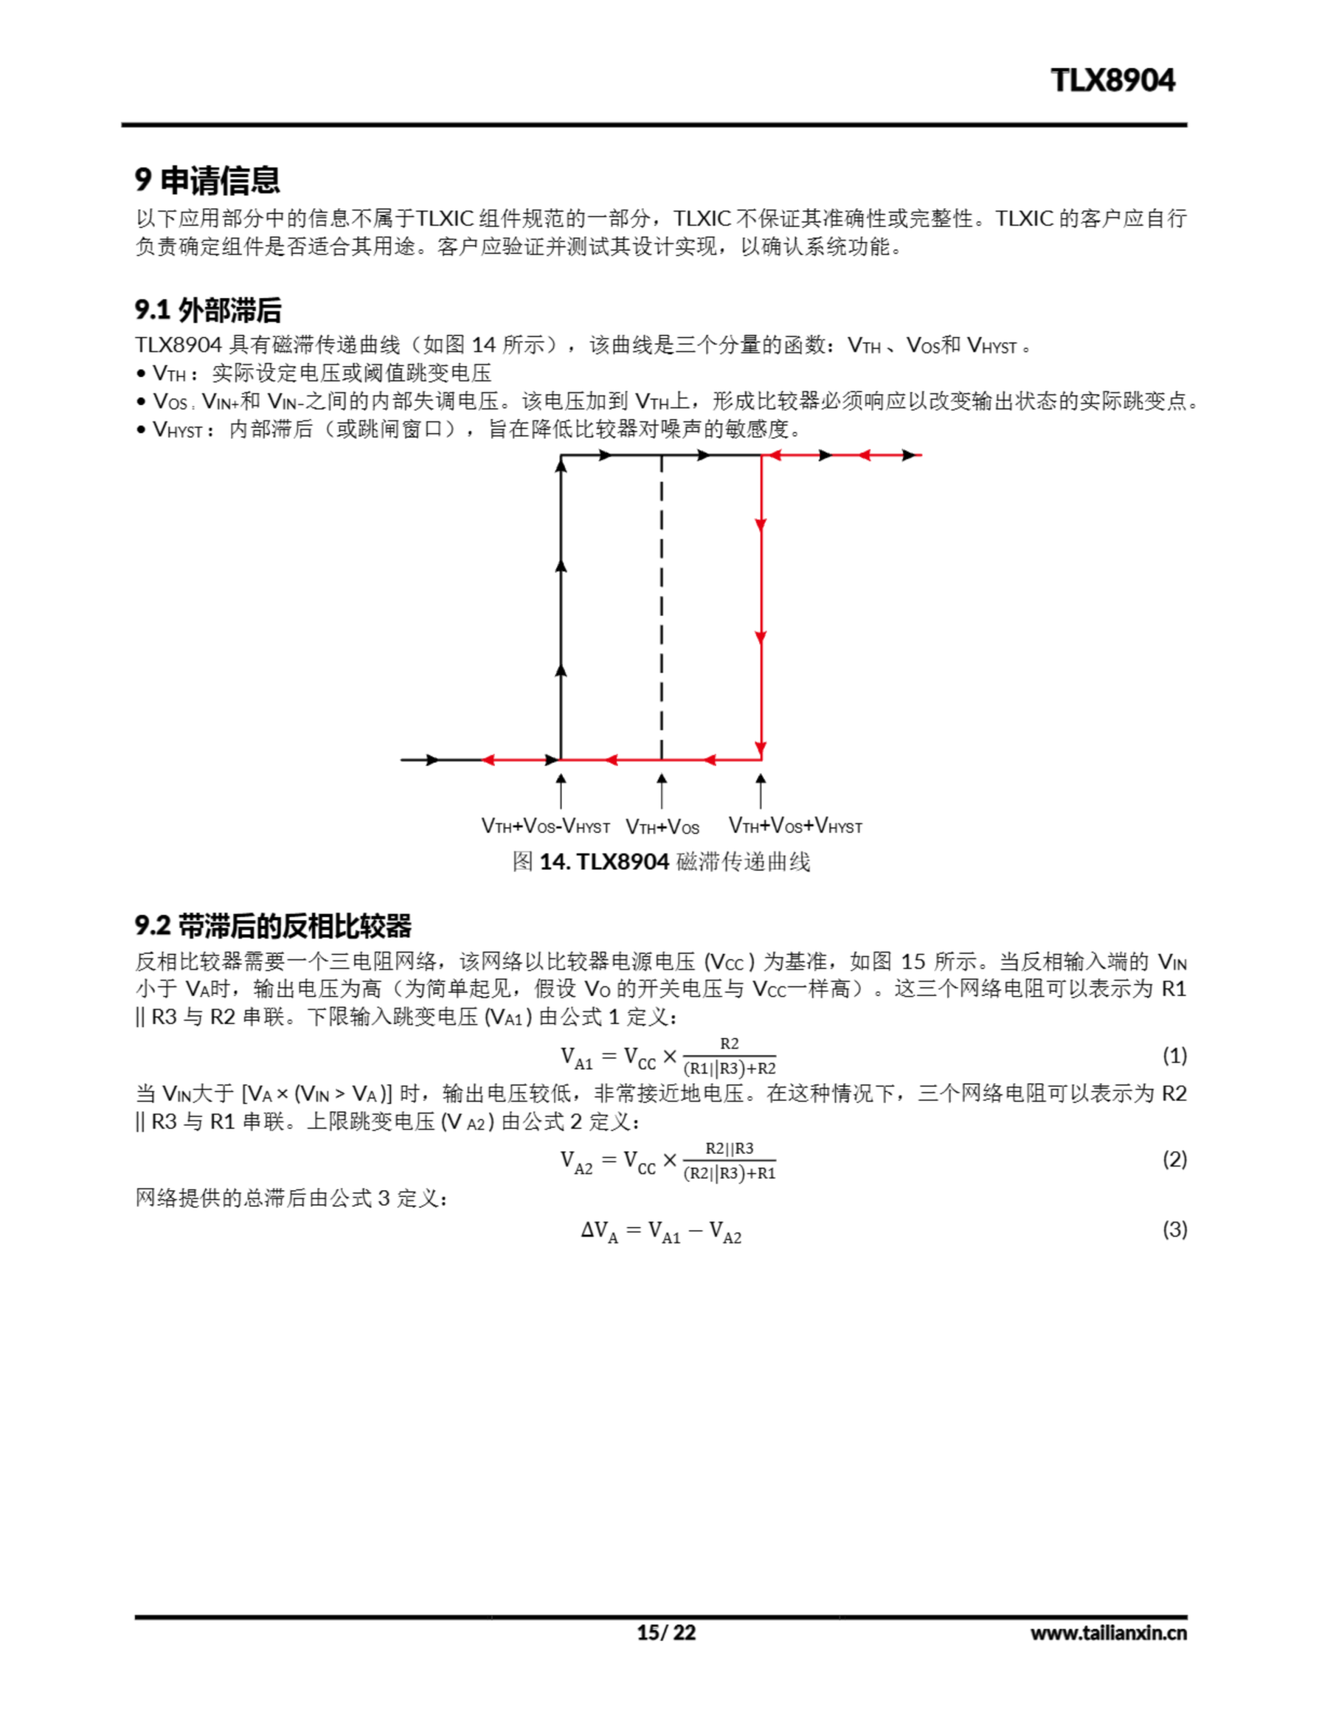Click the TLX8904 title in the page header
click(1112, 81)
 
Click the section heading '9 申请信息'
click(208, 180)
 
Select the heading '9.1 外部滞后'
click(208, 310)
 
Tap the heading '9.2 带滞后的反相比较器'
click(273, 925)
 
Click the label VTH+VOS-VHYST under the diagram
click(545, 827)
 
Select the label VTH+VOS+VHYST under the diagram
click(795, 825)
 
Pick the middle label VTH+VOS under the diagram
click(662, 827)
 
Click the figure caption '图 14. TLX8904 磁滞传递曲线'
click(660, 862)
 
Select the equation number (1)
click(1174, 1055)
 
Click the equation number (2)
click(1174, 1160)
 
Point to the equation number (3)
click(1174, 1229)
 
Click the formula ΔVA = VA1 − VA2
click(660, 1230)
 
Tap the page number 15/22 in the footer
click(665, 1633)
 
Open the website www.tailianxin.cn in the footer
click(1108, 1633)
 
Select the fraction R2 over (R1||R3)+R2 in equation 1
click(729, 1056)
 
